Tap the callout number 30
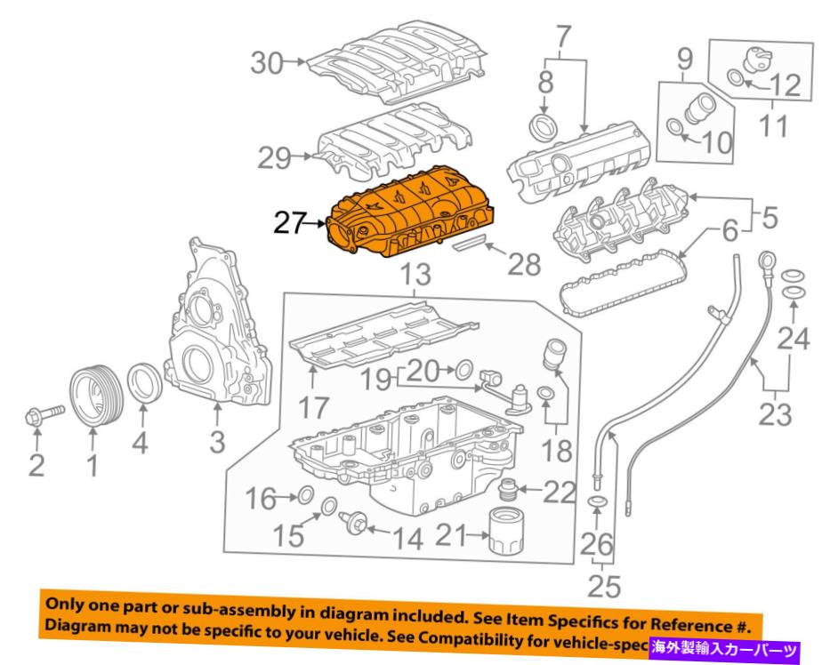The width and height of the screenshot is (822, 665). click(x=270, y=63)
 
